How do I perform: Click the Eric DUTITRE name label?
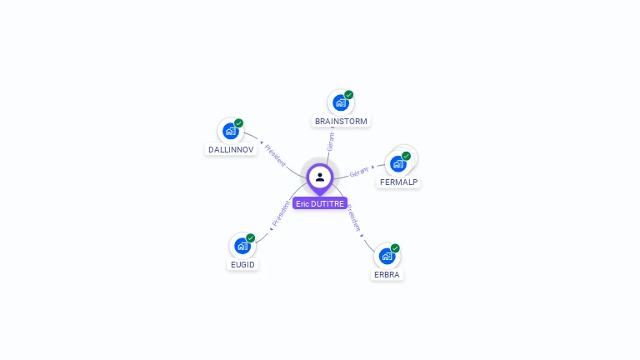pos(320,203)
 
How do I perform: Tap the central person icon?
pos(320,177)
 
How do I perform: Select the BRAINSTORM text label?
pos(341,122)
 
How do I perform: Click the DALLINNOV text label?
pos(230,150)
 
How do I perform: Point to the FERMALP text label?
pos(398,182)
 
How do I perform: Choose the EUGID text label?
pos(242,265)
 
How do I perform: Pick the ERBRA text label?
pos(387,274)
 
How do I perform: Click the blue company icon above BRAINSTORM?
pos(340,102)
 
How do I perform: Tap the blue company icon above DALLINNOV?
pos(230,131)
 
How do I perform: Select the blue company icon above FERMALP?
pos(397,163)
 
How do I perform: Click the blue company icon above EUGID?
pos(242,246)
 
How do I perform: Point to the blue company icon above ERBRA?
pos(387,255)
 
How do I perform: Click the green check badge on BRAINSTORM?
pos(349,94)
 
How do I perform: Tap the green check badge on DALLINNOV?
pos(239,123)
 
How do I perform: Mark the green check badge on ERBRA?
pos(396,247)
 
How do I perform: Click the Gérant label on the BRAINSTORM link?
pos(331,141)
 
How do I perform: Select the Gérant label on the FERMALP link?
pos(359,172)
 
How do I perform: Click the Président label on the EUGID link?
pos(281,213)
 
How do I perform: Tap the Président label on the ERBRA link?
pos(354,217)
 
